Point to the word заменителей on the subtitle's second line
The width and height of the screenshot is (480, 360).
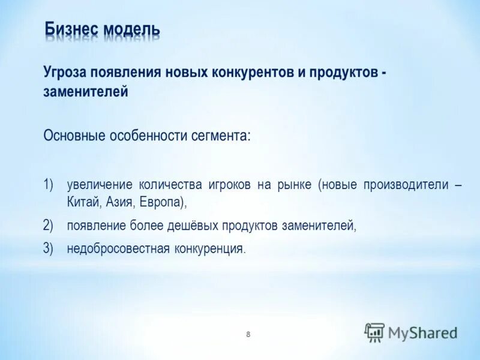[86, 92]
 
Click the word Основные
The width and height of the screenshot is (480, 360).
[74, 136]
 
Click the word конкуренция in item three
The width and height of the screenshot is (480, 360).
[208, 248]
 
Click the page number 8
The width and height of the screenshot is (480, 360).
[248, 334]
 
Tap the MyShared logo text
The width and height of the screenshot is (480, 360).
[422, 332]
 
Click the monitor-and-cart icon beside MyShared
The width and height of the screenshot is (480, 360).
[374, 332]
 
